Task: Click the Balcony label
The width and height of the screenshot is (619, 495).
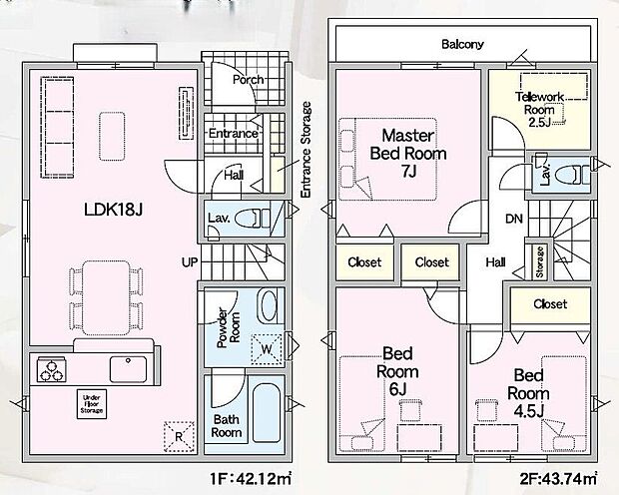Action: coord(462,44)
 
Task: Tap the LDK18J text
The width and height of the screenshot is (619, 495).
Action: coord(113,210)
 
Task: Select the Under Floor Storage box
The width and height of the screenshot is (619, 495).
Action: coord(92,404)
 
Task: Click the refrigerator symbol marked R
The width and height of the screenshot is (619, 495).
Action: coord(179,436)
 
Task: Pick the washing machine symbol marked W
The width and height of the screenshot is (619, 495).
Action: coord(267,349)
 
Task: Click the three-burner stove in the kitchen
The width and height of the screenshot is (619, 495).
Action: coord(52,369)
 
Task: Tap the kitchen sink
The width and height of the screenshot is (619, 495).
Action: coord(128,369)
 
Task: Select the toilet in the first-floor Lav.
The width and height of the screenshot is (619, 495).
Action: coord(251,219)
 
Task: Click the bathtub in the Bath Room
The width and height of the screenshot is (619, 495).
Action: coord(267,412)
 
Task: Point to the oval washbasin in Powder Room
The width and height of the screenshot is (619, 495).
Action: coord(269,306)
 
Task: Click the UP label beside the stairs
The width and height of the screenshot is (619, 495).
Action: coord(190,262)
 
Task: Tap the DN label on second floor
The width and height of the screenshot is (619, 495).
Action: coord(514,219)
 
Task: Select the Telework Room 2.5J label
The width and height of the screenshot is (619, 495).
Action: coord(540,109)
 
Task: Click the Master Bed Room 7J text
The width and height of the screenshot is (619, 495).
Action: coord(408,153)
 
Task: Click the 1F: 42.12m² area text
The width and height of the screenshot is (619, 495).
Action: coord(251,479)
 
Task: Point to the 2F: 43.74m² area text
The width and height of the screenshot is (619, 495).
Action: coord(558,479)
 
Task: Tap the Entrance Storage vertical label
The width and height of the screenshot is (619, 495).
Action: coord(306,150)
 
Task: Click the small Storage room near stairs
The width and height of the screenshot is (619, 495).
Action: coord(540,261)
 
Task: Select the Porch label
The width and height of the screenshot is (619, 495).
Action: coord(248,80)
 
